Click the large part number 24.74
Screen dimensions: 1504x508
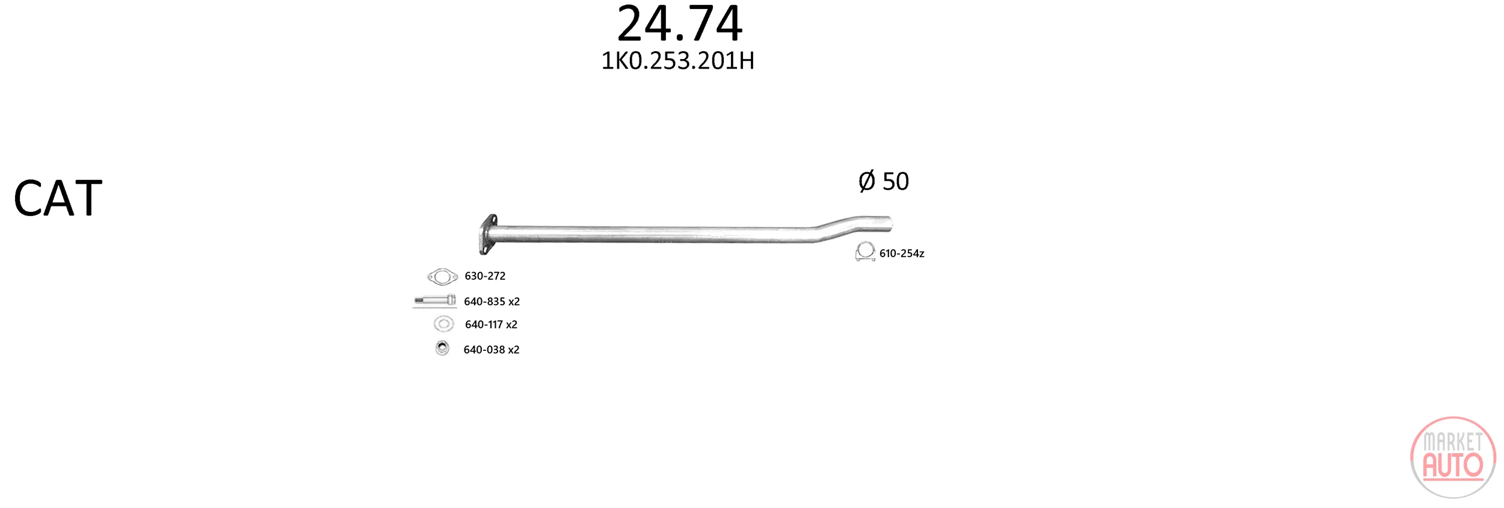679,23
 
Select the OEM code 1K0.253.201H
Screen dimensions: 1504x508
677,61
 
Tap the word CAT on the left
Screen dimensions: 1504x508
58,198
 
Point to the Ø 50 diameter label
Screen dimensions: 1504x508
883,181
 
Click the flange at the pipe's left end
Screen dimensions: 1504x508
488,234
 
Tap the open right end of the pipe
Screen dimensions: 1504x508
888,223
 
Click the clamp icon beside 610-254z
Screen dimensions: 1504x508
865,251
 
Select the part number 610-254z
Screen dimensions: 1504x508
902,253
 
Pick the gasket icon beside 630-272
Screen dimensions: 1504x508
442,277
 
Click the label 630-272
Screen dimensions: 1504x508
485,276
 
